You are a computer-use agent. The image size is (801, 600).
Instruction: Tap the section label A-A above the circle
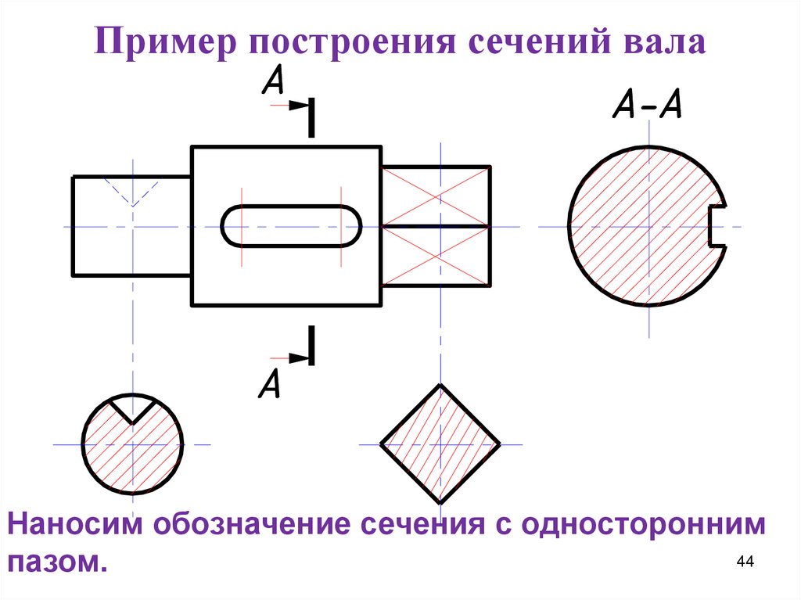[647, 103]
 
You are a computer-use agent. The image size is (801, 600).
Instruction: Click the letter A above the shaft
[273, 81]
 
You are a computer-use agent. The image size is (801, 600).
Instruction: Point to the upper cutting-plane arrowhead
[298, 106]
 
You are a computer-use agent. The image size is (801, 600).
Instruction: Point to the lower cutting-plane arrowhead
[298, 357]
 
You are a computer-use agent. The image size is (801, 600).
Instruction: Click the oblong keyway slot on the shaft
[291, 226]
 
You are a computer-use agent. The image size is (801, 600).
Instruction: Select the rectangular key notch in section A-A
[717, 227]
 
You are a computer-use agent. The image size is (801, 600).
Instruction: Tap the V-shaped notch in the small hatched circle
[133, 408]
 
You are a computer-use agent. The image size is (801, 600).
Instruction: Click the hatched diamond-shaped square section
[440, 444]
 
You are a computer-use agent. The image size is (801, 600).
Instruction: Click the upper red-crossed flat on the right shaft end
[435, 196]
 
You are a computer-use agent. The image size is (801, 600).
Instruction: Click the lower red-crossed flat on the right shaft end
[435, 256]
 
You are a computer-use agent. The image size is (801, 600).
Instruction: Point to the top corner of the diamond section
[440, 386]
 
